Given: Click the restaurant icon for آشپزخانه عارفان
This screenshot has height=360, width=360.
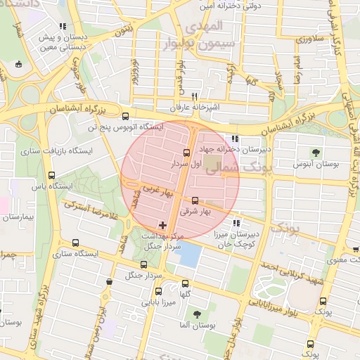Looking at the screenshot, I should coord(194,98).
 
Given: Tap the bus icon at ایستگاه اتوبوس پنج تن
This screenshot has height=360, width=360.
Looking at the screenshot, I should coord(125,117).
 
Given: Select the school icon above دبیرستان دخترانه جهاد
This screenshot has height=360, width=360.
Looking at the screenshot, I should coord(234,139).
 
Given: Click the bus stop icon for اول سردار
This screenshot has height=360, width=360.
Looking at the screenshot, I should coord(186,152).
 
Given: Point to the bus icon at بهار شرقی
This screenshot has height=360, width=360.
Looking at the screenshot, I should coord(195,200).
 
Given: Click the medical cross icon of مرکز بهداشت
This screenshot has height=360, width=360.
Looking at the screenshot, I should coord(163,225).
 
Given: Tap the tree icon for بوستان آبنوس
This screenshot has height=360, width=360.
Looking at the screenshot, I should coord(315,152).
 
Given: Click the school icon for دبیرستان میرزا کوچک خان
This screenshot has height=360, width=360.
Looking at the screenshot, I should coord(247,222).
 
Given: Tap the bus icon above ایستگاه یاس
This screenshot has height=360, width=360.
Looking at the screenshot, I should coord(51,175).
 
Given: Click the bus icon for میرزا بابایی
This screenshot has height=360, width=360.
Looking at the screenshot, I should coord(158,291).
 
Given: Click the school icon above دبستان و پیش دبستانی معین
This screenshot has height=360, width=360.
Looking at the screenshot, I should coord(63,27).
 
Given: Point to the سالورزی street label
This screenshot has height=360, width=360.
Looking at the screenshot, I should coord(309,39).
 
